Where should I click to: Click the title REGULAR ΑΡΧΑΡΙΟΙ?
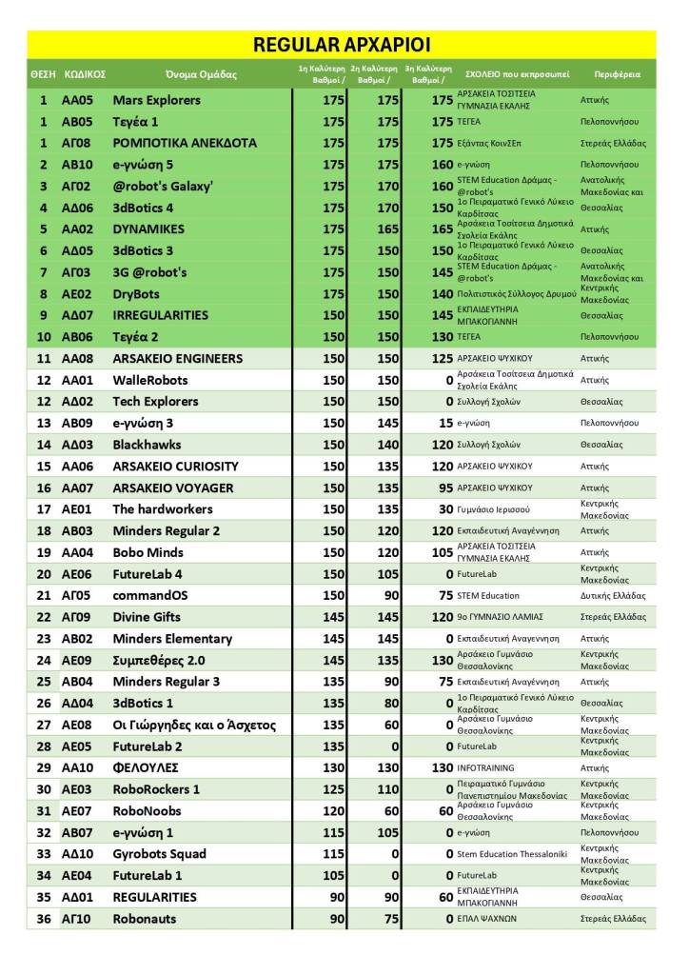tap(342, 44)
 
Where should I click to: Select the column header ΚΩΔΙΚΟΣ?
tap(84, 74)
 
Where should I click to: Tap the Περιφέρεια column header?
tap(617, 74)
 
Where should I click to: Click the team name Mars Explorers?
tap(156, 100)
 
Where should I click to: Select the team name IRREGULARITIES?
tap(162, 315)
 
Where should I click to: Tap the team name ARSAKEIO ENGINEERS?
tap(177, 359)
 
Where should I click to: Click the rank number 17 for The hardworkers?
tap(43, 509)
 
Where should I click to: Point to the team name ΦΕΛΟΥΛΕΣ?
tap(146, 767)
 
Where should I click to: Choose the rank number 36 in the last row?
tap(43, 919)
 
